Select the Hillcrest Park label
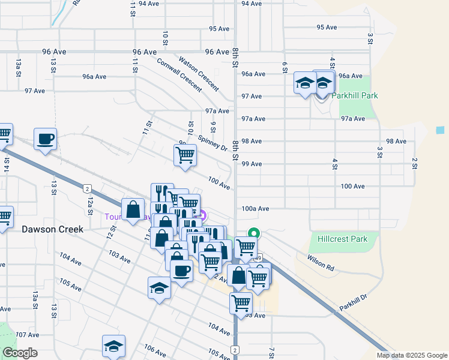pos(342,239)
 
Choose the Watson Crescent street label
pos(198,73)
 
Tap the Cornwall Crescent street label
pos(179,74)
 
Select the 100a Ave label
pos(255,208)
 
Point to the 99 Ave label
pos(252,164)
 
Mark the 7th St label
pos(271,353)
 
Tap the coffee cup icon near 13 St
pos(46,139)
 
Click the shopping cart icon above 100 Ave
pos(185,155)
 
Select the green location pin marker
pos(254,233)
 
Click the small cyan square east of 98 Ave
pos(441,130)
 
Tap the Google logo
pos(19,353)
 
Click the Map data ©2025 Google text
pos(411,355)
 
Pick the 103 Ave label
pos(120,258)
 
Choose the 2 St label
pos(414,163)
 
